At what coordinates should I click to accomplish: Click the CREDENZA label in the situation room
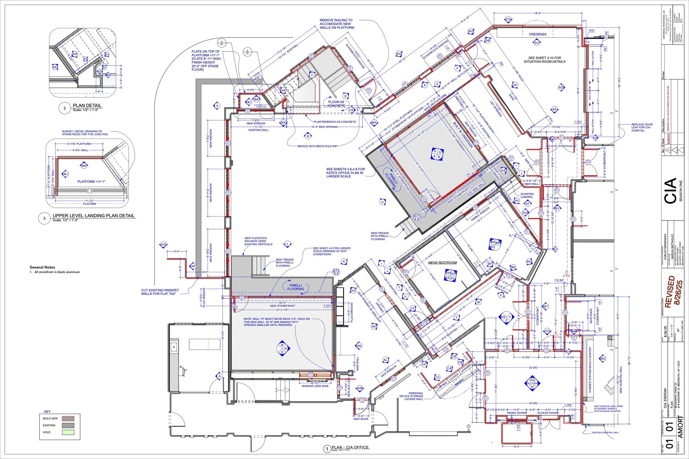[537, 34]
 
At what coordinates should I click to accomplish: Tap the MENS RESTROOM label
[442, 263]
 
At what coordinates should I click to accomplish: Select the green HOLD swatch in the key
[68, 432]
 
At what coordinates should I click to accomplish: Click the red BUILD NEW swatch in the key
[68, 419]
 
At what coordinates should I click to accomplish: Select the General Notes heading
[42, 267]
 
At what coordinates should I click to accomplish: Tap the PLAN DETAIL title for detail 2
[87, 105]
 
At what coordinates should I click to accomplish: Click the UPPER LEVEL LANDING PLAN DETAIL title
[93, 216]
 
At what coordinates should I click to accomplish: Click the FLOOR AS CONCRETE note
[336, 104]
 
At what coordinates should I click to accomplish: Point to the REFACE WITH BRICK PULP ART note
[317, 146]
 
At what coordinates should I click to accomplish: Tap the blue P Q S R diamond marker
[437, 154]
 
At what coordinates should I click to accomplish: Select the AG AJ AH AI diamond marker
[532, 383]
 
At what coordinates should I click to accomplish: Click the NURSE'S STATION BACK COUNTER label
[590, 370]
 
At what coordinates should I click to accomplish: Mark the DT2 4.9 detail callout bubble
[336, 272]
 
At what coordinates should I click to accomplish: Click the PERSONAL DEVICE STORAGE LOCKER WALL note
[411, 396]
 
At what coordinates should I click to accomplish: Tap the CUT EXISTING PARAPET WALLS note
[160, 292]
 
